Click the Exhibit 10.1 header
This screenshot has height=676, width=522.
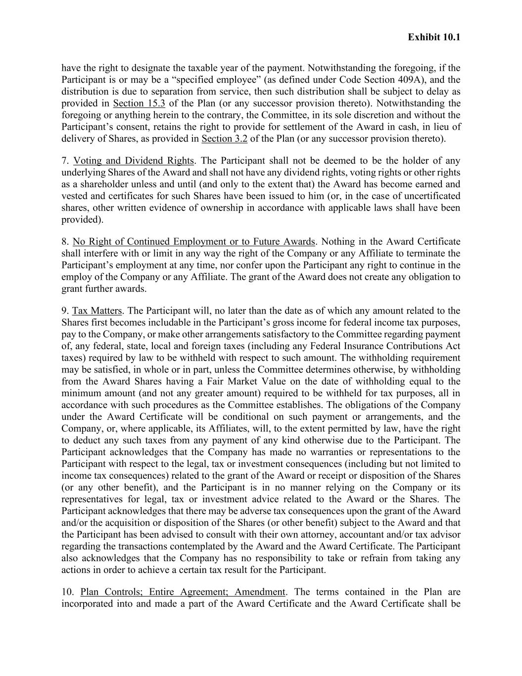(434, 37)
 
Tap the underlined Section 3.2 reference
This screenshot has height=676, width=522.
(225, 139)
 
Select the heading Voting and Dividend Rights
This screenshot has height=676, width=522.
(133, 160)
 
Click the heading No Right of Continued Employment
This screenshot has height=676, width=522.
(193, 242)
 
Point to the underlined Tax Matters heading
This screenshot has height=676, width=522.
(97, 311)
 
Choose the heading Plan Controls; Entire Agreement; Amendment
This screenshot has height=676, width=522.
(183, 592)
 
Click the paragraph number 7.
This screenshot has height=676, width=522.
(65, 160)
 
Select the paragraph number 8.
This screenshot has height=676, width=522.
(65, 242)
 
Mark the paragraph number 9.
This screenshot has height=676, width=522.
(65, 311)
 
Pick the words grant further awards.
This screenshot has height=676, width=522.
(104, 289)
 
